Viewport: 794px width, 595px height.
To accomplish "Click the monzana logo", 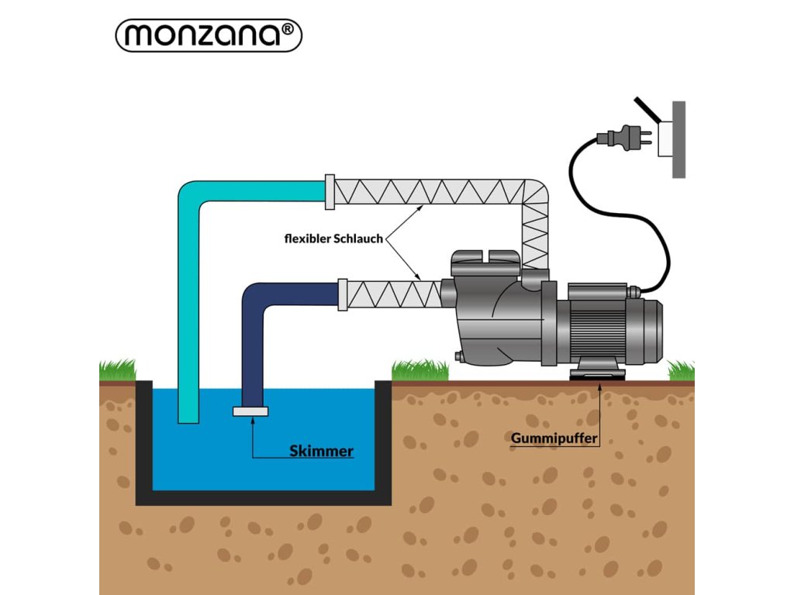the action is (x=209, y=36).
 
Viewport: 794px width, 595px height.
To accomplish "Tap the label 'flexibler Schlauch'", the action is (x=333, y=239).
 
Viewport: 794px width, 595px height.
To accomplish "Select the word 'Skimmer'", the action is (x=321, y=451).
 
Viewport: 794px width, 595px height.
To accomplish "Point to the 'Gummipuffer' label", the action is (x=554, y=439).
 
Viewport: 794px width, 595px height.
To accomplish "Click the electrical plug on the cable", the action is (x=624, y=138).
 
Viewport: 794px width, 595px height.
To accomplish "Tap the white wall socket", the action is (x=665, y=139).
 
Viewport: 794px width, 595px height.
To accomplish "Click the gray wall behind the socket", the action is (x=678, y=139).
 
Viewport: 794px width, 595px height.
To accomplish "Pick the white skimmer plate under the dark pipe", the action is (x=250, y=411).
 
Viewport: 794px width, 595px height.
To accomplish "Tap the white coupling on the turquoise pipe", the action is (x=330, y=192).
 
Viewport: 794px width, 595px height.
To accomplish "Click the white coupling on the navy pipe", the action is (x=343, y=295).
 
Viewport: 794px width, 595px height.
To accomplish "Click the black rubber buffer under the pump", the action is (x=598, y=375).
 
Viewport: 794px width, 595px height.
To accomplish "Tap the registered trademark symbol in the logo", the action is (x=287, y=29).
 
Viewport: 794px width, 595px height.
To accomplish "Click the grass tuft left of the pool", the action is (x=118, y=370).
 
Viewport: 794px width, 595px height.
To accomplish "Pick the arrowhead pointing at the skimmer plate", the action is (x=252, y=421).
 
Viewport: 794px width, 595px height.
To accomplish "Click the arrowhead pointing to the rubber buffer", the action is (x=599, y=388).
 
